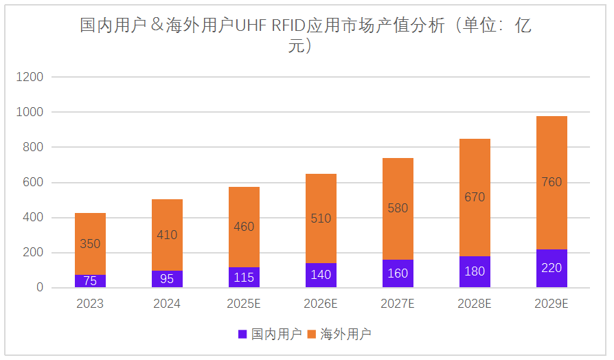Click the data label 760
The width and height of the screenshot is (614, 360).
(x=552, y=182)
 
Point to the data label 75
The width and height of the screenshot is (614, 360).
(x=90, y=280)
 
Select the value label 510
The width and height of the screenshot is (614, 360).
(x=321, y=218)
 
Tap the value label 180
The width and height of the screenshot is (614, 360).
(x=475, y=271)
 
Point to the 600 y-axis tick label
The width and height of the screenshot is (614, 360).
(x=32, y=183)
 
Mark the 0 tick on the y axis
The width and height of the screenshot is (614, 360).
(x=39, y=288)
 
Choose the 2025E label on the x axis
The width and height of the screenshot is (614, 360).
(x=244, y=304)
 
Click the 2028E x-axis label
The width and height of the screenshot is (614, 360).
(x=475, y=304)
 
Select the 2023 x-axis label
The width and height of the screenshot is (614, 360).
(x=90, y=304)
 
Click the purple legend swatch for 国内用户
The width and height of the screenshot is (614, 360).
(x=242, y=335)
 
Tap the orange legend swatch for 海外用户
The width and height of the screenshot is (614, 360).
(x=312, y=335)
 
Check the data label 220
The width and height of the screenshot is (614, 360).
(x=552, y=268)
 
